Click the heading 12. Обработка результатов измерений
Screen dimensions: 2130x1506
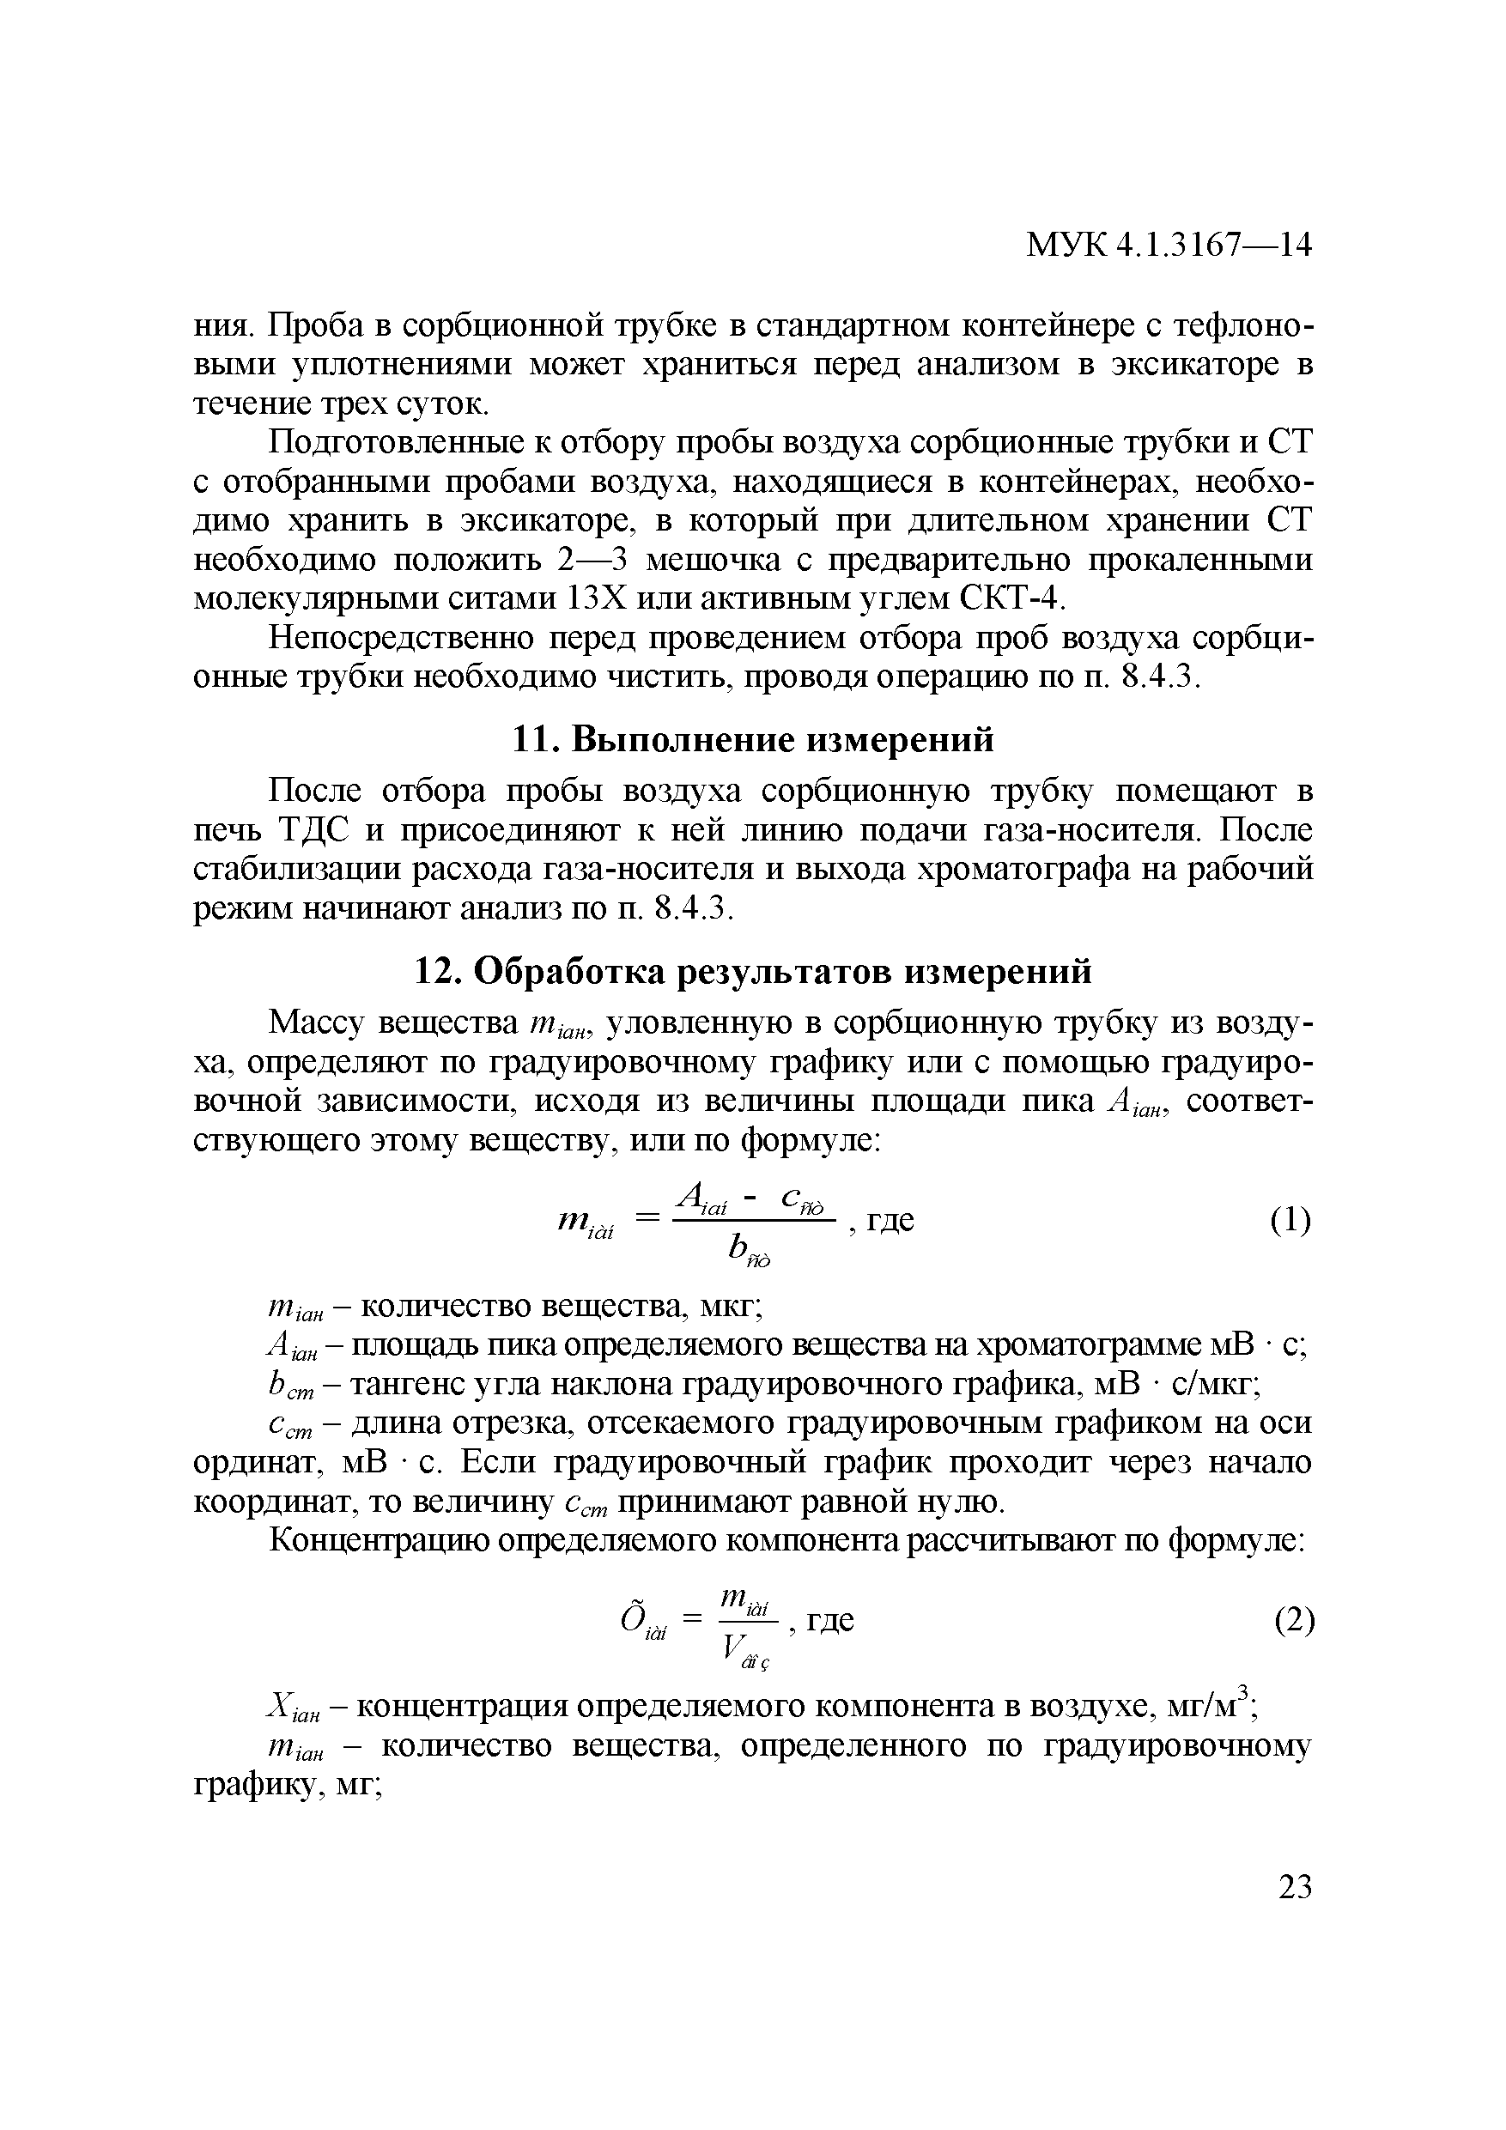click(x=751, y=971)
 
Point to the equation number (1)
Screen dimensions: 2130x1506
click(x=1290, y=1220)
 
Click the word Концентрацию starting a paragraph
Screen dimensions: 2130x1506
click(x=380, y=1541)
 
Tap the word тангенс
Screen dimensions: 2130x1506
click(x=409, y=1384)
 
